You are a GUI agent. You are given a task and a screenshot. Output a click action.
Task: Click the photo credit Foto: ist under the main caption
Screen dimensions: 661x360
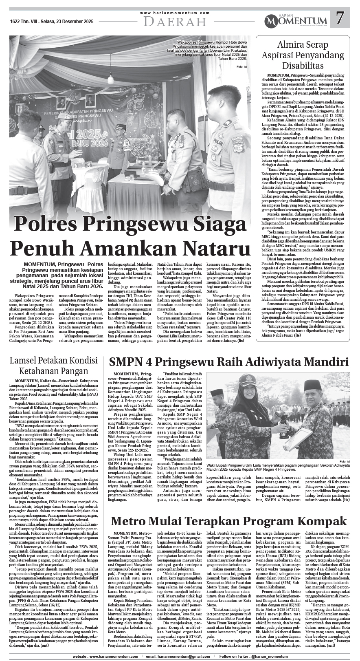(242, 66)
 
